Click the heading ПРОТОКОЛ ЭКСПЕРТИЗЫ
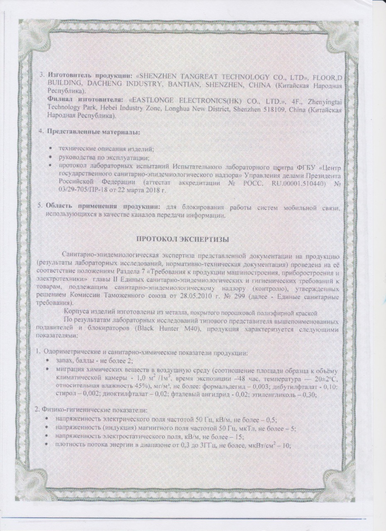(183, 239)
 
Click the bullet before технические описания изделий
(51, 149)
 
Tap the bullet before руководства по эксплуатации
(51, 157)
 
